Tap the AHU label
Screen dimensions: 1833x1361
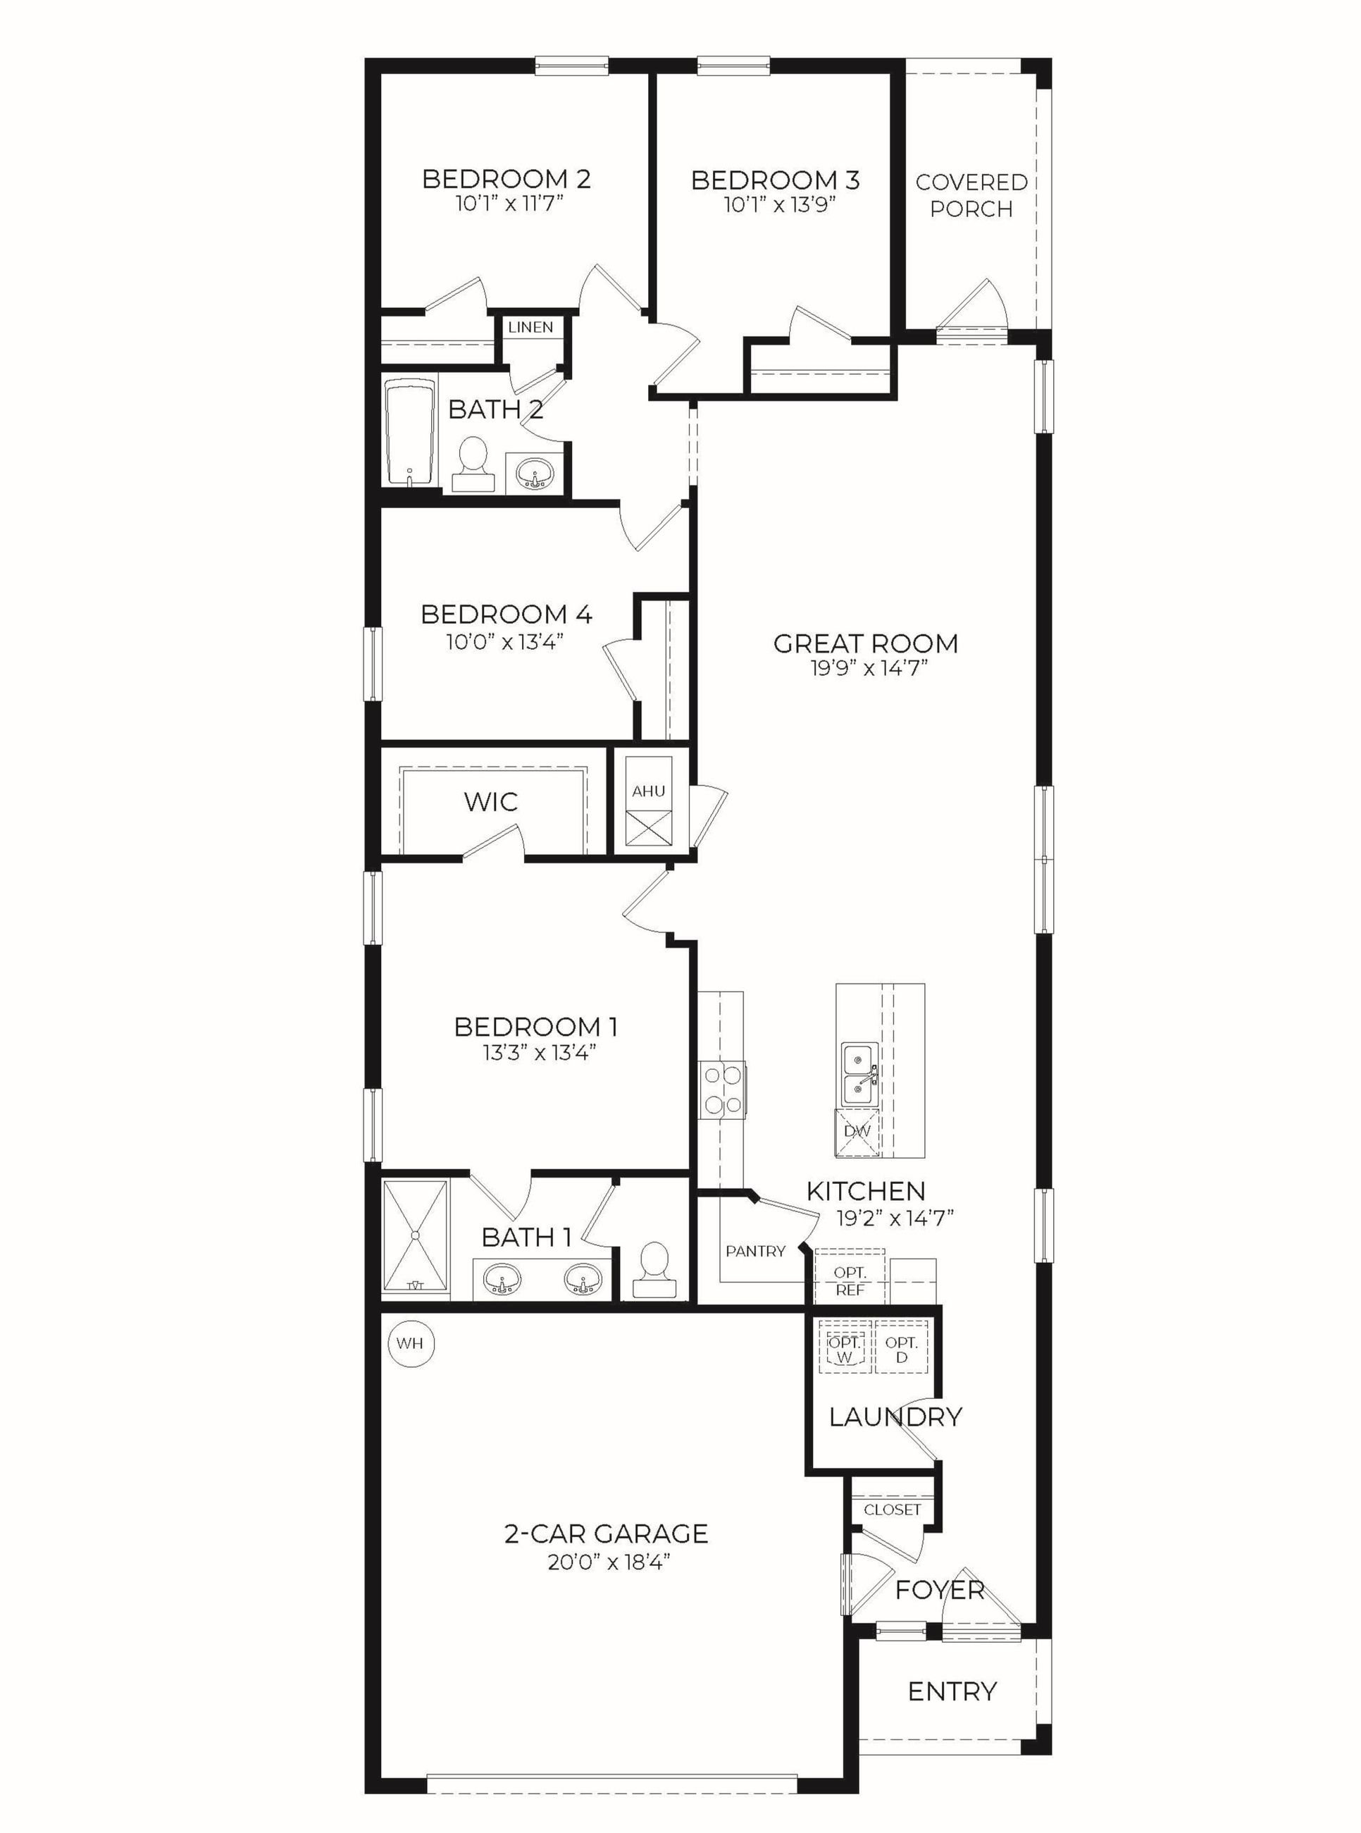pyautogui.click(x=648, y=791)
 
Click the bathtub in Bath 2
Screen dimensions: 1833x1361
pyautogui.click(x=410, y=432)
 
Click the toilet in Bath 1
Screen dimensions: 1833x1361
pyautogui.click(x=656, y=1269)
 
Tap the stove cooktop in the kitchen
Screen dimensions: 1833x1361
pyautogui.click(x=723, y=1090)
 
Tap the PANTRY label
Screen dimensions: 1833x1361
pyautogui.click(x=755, y=1251)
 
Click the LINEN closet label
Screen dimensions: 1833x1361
pyautogui.click(x=530, y=327)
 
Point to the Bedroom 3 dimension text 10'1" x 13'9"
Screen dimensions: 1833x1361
pyautogui.click(x=779, y=205)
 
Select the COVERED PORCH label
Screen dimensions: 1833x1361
pyautogui.click(x=971, y=195)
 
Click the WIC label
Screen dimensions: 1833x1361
pyautogui.click(x=491, y=802)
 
